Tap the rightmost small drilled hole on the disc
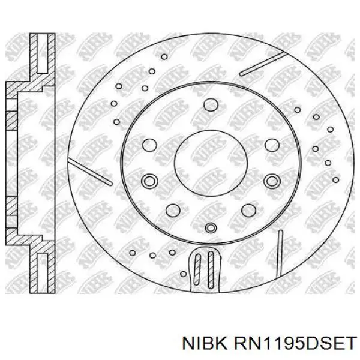click(x=329, y=129)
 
